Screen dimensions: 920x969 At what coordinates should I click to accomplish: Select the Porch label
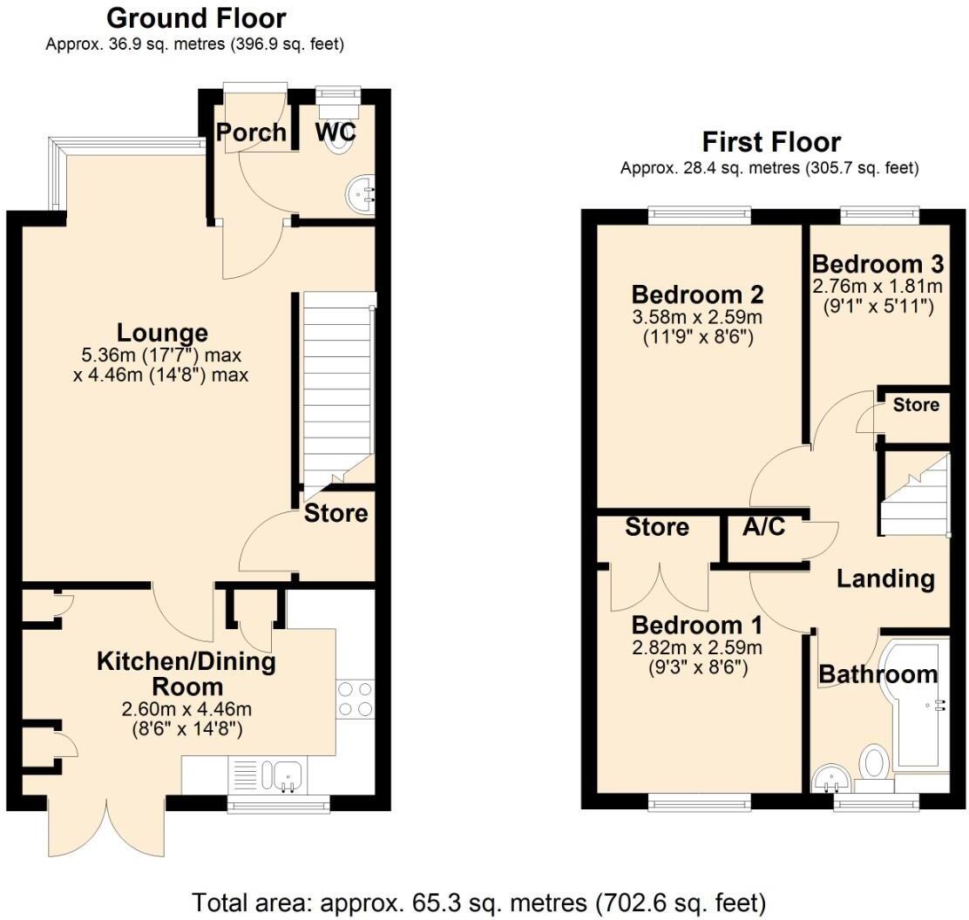click(251, 132)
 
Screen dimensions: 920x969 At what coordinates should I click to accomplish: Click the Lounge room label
click(163, 333)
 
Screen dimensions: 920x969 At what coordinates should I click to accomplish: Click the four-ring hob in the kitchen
click(355, 698)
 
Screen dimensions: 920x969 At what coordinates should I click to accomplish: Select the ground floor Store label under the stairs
click(335, 514)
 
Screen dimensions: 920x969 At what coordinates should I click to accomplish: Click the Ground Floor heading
click(195, 17)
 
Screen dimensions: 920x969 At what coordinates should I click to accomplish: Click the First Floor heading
click(770, 142)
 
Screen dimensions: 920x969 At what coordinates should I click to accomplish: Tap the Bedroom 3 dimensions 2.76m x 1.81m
click(877, 286)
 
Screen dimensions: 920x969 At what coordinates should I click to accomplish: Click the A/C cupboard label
click(764, 526)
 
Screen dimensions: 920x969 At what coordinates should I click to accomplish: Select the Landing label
click(885, 578)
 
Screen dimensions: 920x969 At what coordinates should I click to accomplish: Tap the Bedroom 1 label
click(697, 626)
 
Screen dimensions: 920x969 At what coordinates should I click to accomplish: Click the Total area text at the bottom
click(478, 901)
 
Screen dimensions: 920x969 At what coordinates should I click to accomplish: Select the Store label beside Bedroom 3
click(916, 405)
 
